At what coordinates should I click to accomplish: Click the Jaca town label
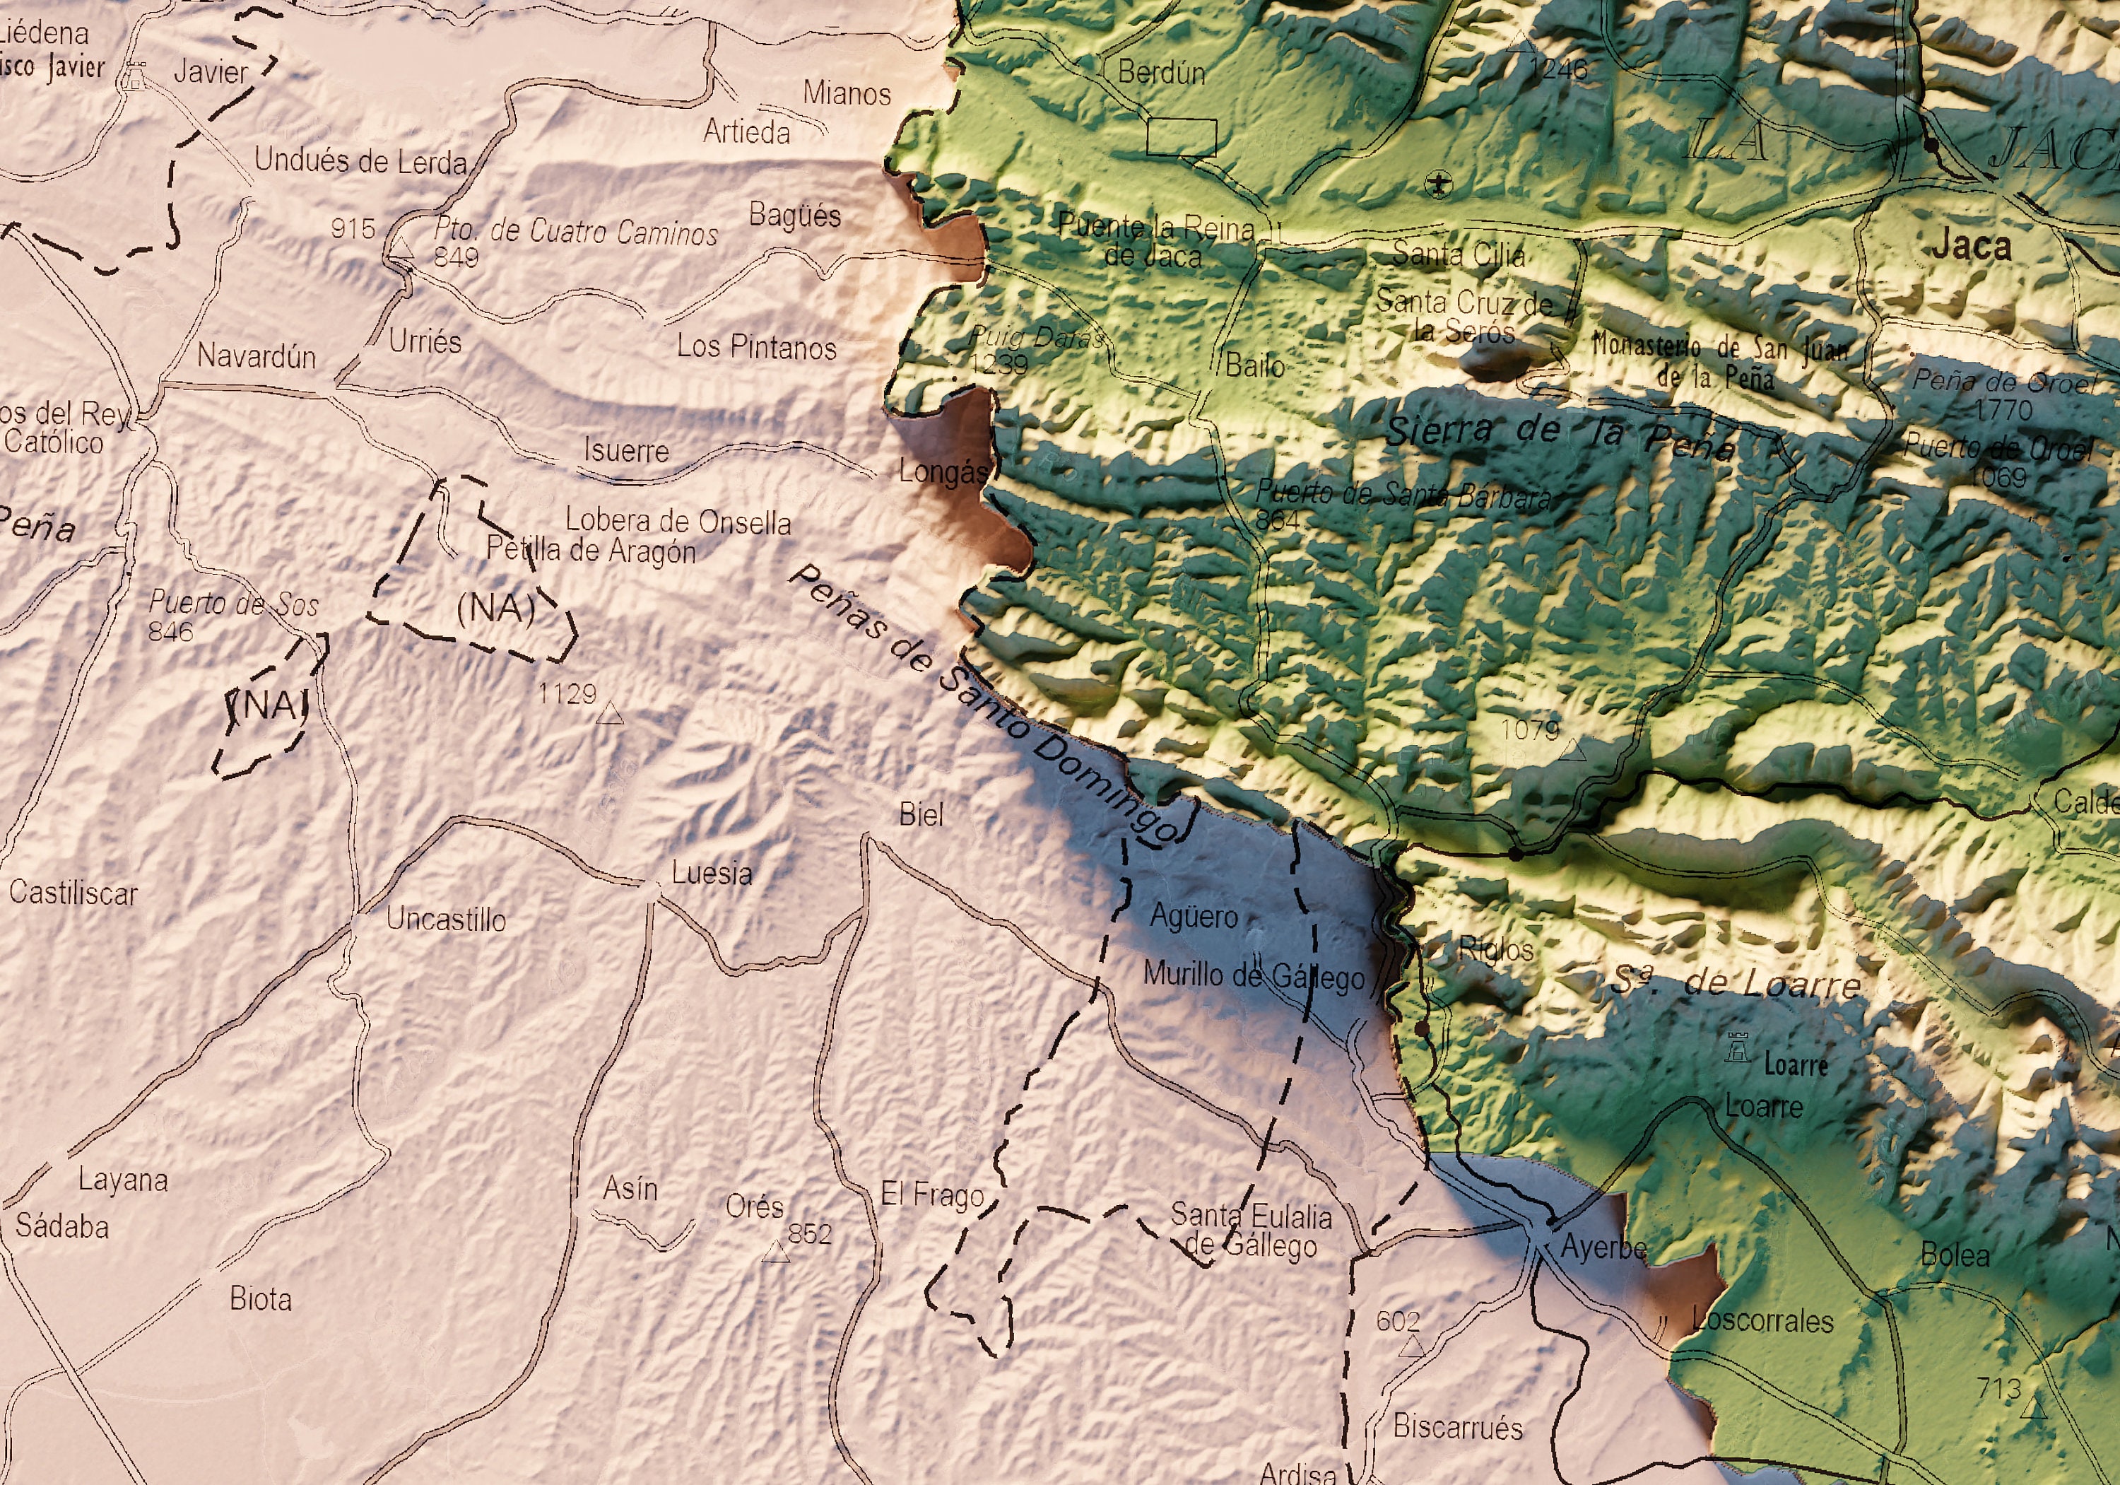[x=1970, y=246]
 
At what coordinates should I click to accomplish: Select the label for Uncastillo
[x=446, y=919]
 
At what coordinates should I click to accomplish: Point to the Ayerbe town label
[x=1603, y=1248]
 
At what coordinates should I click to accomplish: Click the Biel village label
[x=921, y=814]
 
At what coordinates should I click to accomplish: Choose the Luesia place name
[x=711, y=873]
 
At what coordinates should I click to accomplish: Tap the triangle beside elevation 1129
[x=609, y=714]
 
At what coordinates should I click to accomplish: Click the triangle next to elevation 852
[x=776, y=1253]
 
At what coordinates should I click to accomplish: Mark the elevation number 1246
[x=1559, y=69]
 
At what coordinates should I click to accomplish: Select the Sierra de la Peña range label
[x=1560, y=436]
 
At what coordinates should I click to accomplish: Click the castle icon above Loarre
[x=1738, y=1047]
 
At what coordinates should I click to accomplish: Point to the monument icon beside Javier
[x=136, y=76]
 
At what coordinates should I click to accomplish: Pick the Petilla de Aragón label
[x=591, y=551]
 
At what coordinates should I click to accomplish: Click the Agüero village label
[x=1193, y=916]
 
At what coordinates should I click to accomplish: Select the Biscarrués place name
[x=1457, y=1427]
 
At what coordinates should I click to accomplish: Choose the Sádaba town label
[x=62, y=1226]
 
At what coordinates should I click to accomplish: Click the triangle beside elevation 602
[x=1411, y=1347]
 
